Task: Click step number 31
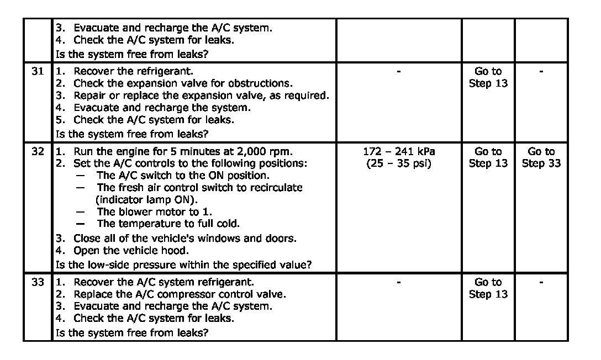coord(37,71)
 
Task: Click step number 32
coord(37,151)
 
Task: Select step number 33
coord(37,282)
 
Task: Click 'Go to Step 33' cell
coord(541,157)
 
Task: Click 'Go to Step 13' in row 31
coord(488,77)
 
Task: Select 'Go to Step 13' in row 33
coord(488,288)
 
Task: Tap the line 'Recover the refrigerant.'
coord(133,71)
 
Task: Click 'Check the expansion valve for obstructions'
coord(182,83)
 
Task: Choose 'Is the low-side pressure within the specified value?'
coord(183,264)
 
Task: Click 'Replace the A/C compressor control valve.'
coord(180,294)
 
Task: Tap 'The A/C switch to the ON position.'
coord(183,176)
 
